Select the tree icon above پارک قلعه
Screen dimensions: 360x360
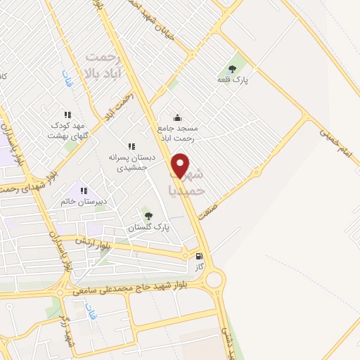pyautogui.click(x=232, y=69)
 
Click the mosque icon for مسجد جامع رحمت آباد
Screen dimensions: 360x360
pyautogui.click(x=177, y=117)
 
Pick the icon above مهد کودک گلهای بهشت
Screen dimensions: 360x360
pyautogui.click(x=67, y=114)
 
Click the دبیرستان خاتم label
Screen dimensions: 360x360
pyautogui.click(x=83, y=201)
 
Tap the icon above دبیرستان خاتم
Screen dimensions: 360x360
pyautogui.click(x=83, y=191)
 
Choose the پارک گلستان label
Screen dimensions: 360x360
pyautogui.click(x=148, y=228)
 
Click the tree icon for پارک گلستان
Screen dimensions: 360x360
pyautogui.click(x=148, y=215)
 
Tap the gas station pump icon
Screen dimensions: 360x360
pyautogui.click(x=200, y=257)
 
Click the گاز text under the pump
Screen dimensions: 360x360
pyautogui.click(x=200, y=268)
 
